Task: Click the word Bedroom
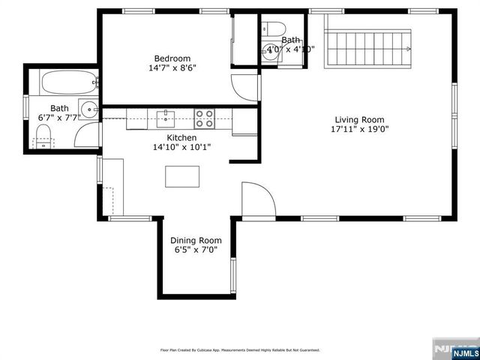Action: pyautogui.click(x=172, y=58)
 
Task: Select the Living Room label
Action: pyautogui.click(x=359, y=119)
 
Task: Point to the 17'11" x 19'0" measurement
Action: pyautogui.click(x=359, y=129)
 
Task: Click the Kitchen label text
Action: pyautogui.click(x=181, y=138)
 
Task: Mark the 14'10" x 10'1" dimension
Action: pyautogui.click(x=181, y=148)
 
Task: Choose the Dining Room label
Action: pyautogui.click(x=196, y=241)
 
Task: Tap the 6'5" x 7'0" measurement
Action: pyautogui.click(x=196, y=250)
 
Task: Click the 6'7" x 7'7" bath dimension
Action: pyautogui.click(x=58, y=118)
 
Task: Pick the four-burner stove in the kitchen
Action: pyautogui.click(x=204, y=117)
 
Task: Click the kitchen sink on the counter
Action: pyautogui.click(x=166, y=116)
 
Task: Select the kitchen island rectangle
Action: pyautogui.click(x=183, y=177)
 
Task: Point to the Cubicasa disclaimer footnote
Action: pyautogui.click(x=240, y=350)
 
